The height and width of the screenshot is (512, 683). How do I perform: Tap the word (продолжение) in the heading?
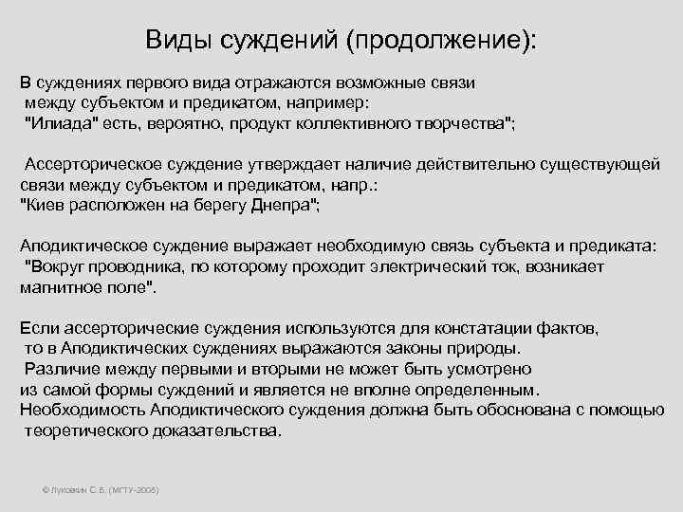(440, 41)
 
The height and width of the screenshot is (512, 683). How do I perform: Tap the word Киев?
(45, 205)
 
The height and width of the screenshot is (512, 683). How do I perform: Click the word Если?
(38, 328)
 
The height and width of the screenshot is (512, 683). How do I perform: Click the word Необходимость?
(83, 410)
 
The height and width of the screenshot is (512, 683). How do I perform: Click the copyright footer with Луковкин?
(101, 489)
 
